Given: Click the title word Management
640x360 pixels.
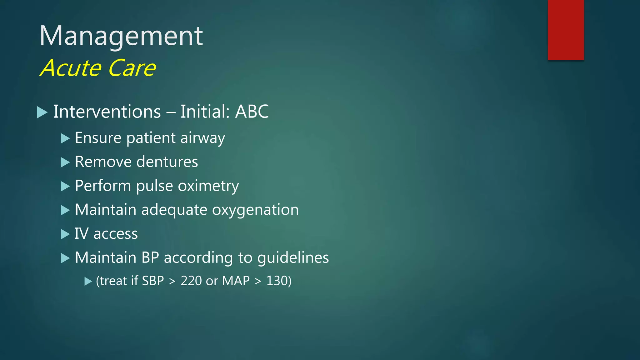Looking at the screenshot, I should [x=121, y=36].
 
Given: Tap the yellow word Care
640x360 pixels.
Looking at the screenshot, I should [x=132, y=68].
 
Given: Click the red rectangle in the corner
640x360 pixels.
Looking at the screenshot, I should [x=566, y=30].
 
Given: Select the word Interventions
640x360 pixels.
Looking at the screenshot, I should [x=107, y=112].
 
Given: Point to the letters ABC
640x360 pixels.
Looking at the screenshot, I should [x=252, y=112].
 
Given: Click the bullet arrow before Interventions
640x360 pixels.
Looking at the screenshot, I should [x=42, y=112].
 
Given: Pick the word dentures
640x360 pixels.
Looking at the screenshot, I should [x=167, y=162].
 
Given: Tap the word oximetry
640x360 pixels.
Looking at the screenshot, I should [x=208, y=186].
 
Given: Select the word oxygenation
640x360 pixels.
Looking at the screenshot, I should [x=255, y=210].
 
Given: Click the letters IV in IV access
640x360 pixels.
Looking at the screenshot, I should [x=81, y=234].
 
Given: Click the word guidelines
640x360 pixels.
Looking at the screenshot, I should [x=293, y=258].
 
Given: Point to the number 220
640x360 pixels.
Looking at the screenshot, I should [x=191, y=281].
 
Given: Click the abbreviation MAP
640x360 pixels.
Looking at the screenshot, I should [x=236, y=281].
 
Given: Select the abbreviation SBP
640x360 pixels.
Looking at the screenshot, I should [x=153, y=281].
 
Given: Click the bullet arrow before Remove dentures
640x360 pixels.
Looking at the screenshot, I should [x=65, y=162].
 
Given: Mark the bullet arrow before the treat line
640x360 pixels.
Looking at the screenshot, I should [x=88, y=282].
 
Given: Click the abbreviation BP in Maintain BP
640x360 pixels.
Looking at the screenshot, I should [x=150, y=258].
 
